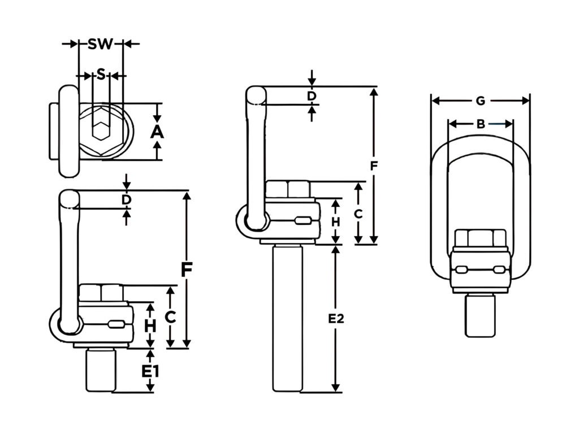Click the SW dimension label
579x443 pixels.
tap(101, 44)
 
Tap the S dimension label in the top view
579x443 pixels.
tap(101, 75)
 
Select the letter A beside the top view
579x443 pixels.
tap(157, 132)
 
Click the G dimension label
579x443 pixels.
tap(481, 101)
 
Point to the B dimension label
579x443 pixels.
tap(481, 124)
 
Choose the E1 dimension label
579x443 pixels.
tap(150, 371)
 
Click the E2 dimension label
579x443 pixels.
tap(336, 319)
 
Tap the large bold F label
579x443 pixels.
tap(187, 270)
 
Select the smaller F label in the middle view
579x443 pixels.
tap(374, 167)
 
